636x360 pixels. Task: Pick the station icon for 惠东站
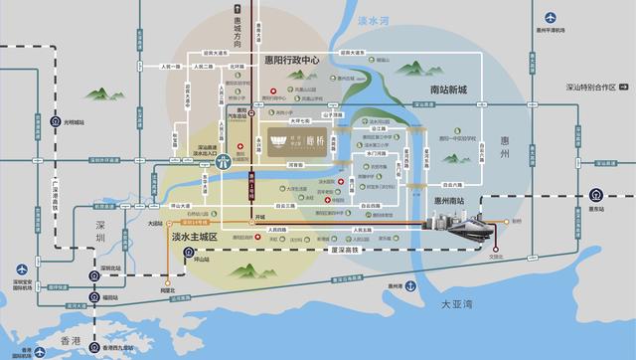point(595,195)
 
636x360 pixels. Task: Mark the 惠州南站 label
point(452,200)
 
